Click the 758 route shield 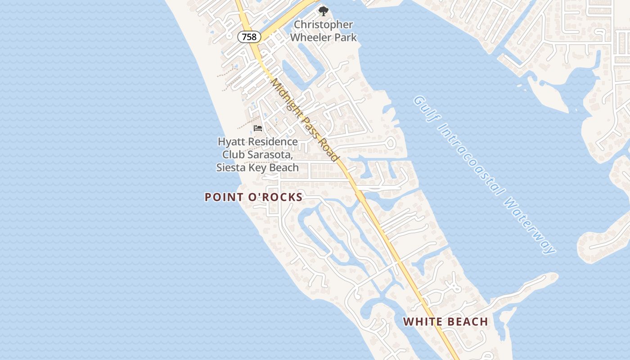(x=249, y=37)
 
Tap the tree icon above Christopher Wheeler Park (x=323, y=11)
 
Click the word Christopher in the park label (x=324, y=25)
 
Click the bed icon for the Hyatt (x=258, y=128)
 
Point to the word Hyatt (x=232, y=142)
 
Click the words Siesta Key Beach (x=257, y=168)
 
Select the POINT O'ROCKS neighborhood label (x=254, y=197)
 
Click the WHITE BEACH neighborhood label (x=445, y=322)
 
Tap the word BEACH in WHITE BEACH (x=466, y=322)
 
